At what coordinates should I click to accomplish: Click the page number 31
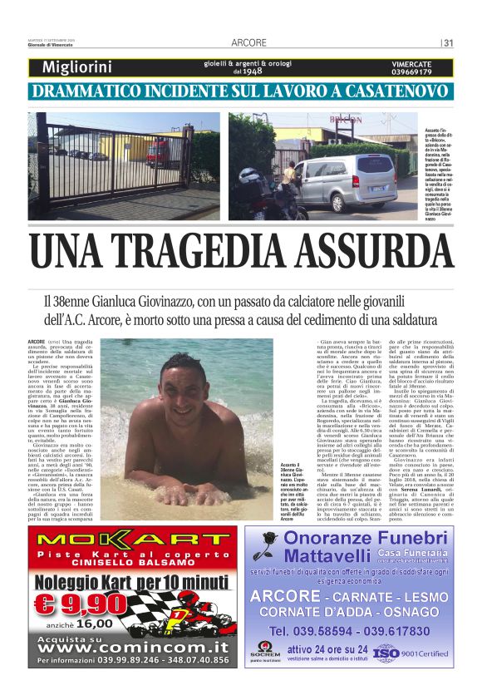coord(448,42)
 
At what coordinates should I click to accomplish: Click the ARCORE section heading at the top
coord(248,42)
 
